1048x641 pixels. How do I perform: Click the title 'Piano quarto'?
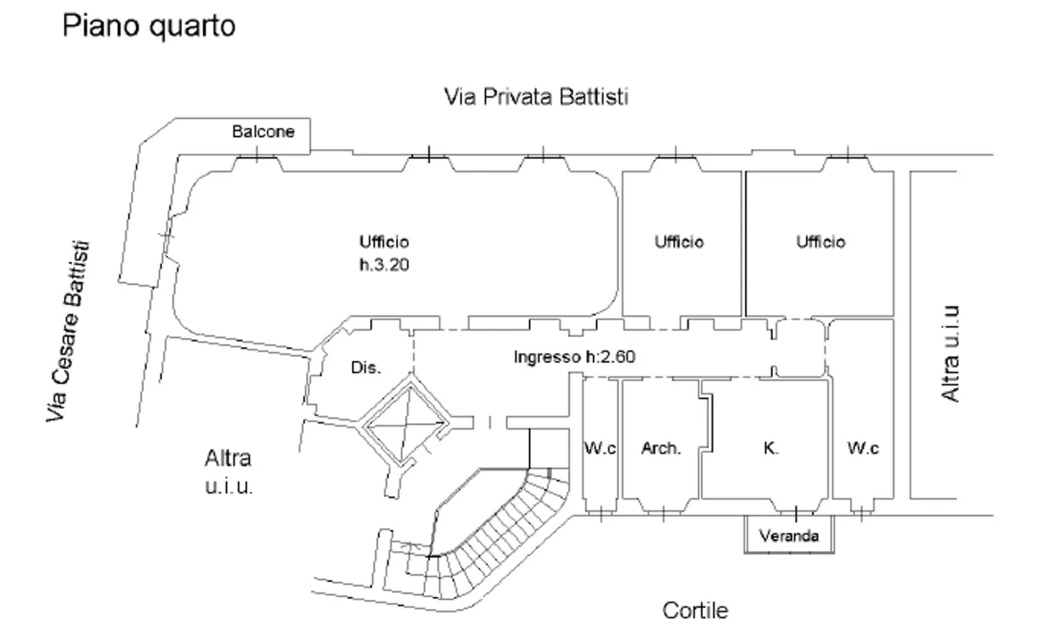[149, 25]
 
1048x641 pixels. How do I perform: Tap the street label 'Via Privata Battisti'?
[535, 97]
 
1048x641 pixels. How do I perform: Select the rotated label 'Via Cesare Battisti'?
[67, 332]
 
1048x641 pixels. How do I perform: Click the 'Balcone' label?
[263, 132]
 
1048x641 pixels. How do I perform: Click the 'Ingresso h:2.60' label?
[575, 357]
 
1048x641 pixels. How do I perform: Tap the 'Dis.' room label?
[366, 368]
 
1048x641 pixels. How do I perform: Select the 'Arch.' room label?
[661, 449]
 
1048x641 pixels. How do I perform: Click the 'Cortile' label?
[694, 611]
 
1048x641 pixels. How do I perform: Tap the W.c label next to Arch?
[599, 449]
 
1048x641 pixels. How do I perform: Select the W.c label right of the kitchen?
[863, 449]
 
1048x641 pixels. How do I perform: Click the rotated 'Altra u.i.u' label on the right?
[950, 354]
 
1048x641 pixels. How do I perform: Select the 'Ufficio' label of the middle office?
[679, 242]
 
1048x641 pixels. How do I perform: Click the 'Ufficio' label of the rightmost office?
[820, 242]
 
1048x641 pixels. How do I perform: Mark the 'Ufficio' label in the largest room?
[383, 242]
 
